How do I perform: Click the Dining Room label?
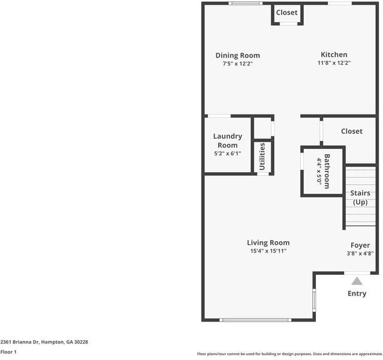pyautogui.click(x=237, y=55)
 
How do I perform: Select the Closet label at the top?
pyautogui.click(x=287, y=13)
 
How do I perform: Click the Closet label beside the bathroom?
pyautogui.click(x=351, y=131)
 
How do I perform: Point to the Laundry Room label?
pyautogui.click(x=227, y=140)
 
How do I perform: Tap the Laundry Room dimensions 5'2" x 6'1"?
pyautogui.click(x=227, y=154)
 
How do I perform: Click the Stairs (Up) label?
pyautogui.click(x=360, y=197)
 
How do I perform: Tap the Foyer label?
pyautogui.click(x=360, y=245)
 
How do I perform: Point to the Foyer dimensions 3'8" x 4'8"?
pyautogui.click(x=360, y=253)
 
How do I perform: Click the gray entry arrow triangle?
pyautogui.click(x=357, y=281)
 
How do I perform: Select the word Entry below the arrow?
pyautogui.click(x=357, y=293)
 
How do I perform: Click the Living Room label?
pyautogui.click(x=268, y=242)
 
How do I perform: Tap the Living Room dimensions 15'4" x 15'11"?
pyautogui.click(x=268, y=251)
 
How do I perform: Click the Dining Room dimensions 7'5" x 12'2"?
pyautogui.click(x=237, y=63)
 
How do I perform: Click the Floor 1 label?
pyautogui.click(x=8, y=352)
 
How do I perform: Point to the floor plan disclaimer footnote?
pyautogui.click(x=289, y=353)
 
